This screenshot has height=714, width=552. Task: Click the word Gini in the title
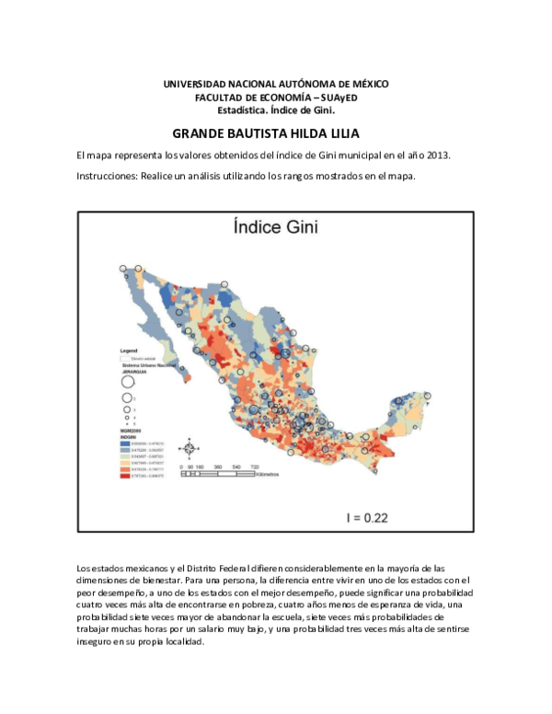[x=297, y=227]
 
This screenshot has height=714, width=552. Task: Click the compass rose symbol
[x=189, y=448]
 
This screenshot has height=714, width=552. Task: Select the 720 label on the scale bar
[x=255, y=467]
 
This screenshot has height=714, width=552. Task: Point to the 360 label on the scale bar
[x=218, y=467]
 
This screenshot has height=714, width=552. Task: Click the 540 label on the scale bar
[x=236, y=467]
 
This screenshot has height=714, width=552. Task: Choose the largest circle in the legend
[x=128, y=382]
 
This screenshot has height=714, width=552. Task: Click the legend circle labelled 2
[x=127, y=397]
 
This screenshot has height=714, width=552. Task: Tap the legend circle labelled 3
[x=127, y=409]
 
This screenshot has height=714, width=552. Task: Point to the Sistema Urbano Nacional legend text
[x=149, y=364]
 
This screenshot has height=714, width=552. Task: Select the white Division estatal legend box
[x=126, y=358]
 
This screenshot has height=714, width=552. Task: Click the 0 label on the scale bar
[x=181, y=467]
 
